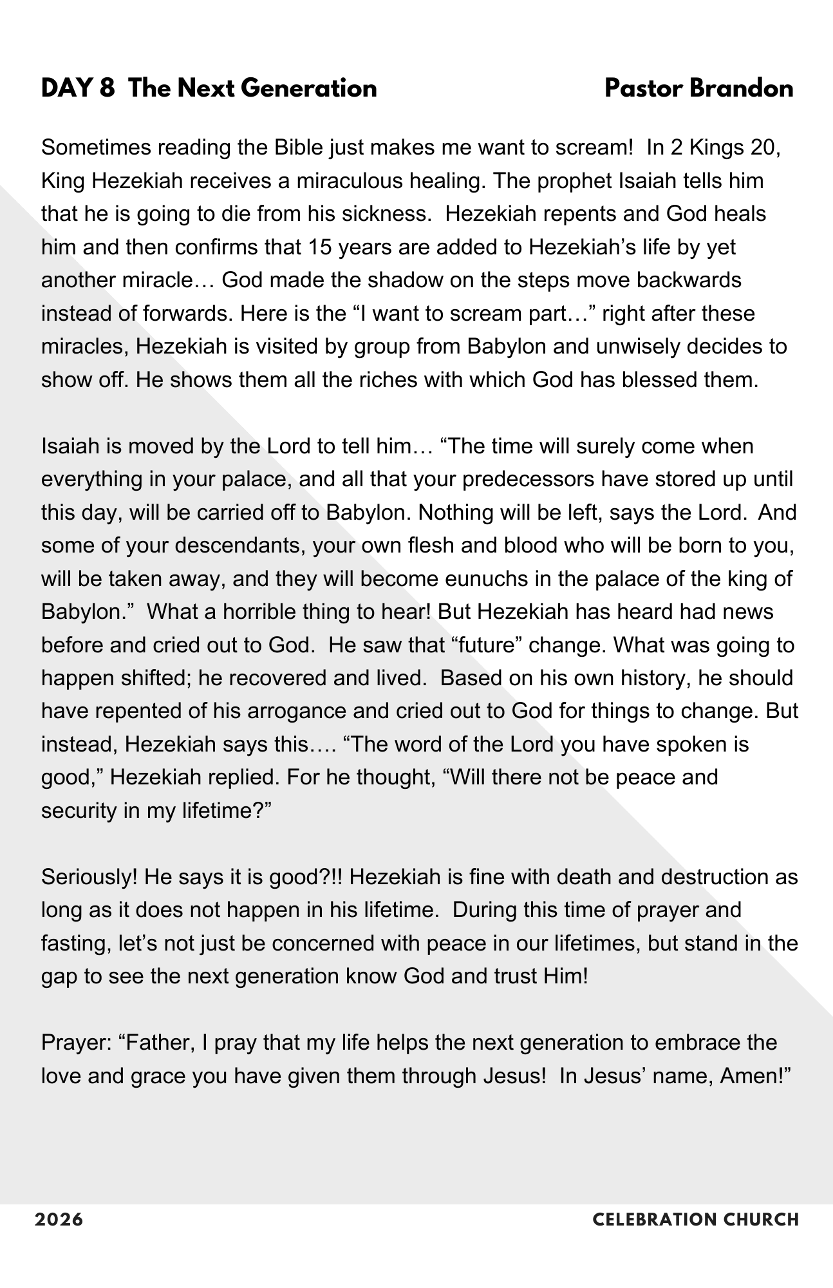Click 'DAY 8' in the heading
pos(78,88)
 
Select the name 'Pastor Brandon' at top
pos(698,88)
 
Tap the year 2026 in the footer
pos(59,1220)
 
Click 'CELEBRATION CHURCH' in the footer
pos(695,1220)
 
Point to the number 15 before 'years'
pos(319,247)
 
